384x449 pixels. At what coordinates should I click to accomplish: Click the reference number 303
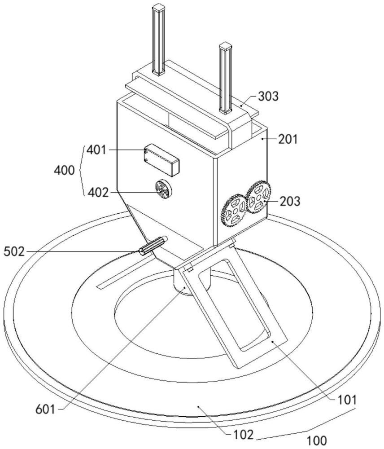[268, 97]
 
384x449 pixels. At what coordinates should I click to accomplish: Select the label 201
[288, 140]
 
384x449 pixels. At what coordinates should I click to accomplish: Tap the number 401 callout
[96, 150]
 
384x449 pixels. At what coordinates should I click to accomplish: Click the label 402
[98, 193]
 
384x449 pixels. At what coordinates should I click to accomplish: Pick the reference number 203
[290, 201]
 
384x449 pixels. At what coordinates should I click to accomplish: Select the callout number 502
[14, 252]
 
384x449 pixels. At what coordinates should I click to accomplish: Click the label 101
[347, 400]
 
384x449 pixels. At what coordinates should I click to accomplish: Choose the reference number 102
[244, 435]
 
